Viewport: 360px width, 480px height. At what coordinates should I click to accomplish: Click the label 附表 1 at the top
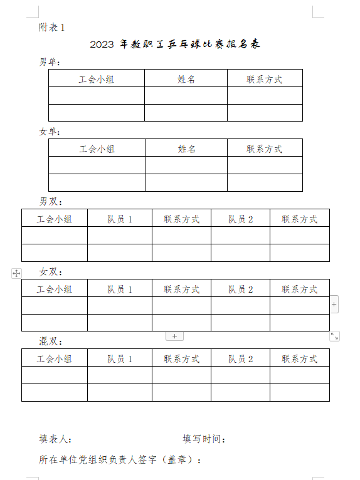click(52, 28)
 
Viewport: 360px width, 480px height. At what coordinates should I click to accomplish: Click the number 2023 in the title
click(102, 44)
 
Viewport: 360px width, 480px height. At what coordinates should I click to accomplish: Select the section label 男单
click(48, 62)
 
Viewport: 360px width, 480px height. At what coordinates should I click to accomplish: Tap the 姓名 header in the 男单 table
click(186, 80)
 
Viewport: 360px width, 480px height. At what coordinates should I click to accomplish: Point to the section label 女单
click(48, 132)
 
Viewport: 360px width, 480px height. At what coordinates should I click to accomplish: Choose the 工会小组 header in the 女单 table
click(97, 149)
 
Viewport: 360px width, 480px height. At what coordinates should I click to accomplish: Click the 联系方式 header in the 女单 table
click(265, 149)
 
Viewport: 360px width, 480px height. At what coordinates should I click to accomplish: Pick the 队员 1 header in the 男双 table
click(120, 219)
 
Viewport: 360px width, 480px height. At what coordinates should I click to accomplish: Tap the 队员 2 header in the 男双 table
click(240, 219)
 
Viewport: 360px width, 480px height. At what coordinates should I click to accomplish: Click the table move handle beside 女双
click(16, 273)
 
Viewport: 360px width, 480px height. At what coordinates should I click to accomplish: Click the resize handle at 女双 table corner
click(334, 336)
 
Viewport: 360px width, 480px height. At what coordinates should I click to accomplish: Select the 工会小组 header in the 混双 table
click(55, 359)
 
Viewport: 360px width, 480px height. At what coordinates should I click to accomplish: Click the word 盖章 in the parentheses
click(177, 459)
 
